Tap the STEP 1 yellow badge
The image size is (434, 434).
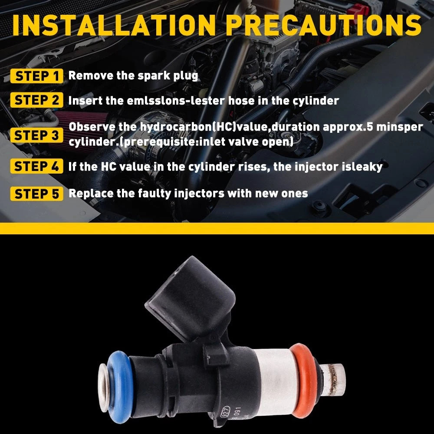pyautogui.click(x=37, y=76)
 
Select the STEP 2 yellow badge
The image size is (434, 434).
pyautogui.click(x=37, y=100)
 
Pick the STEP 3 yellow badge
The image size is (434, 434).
pyautogui.click(x=37, y=135)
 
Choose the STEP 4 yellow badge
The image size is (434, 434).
pyautogui.click(x=37, y=166)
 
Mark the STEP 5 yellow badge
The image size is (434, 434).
pyautogui.click(x=37, y=194)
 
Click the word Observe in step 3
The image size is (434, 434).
pyautogui.click(x=92, y=127)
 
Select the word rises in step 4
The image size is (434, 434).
pyautogui.click(x=253, y=167)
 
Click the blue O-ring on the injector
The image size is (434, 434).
pyautogui.click(x=121, y=387)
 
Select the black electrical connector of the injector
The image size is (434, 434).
pyautogui.click(x=191, y=298)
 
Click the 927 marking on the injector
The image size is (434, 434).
pyautogui.click(x=225, y=412)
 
